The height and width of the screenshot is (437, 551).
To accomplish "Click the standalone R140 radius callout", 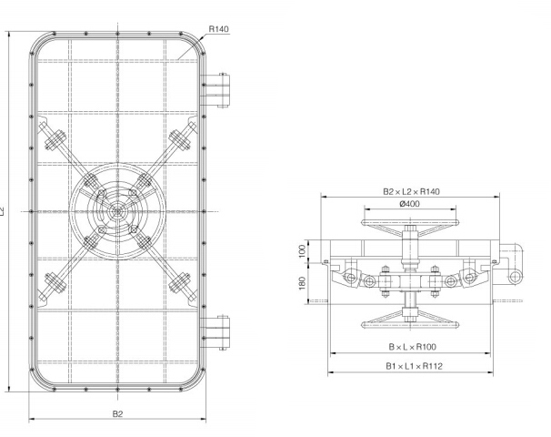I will pyautogui.click(x=218, y=29).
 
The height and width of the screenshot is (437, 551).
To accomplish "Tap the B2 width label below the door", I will pyautogui.click(x=117, y=413).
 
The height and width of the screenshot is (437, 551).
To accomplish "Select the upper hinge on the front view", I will pyautogui.click(x=219, y=90).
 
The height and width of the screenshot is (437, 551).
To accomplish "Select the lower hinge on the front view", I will pyautogui.click(x=219, y=330).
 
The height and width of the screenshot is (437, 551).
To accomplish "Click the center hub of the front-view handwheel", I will pyautogui.click(x=117, y=210).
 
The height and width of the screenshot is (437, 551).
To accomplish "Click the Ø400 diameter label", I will pyautogui.click(x=410, y=205).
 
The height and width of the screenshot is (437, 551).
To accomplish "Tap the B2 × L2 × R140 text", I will pyautogui.click(x=410, y=192).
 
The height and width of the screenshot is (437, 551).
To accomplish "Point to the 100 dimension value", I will pyautogui.click(x=302, y=249).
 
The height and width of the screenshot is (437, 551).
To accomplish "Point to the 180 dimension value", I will pyautogui.click(x=302, y=282).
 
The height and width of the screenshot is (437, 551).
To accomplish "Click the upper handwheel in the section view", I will pyautogui.click(x=410, y=225).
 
